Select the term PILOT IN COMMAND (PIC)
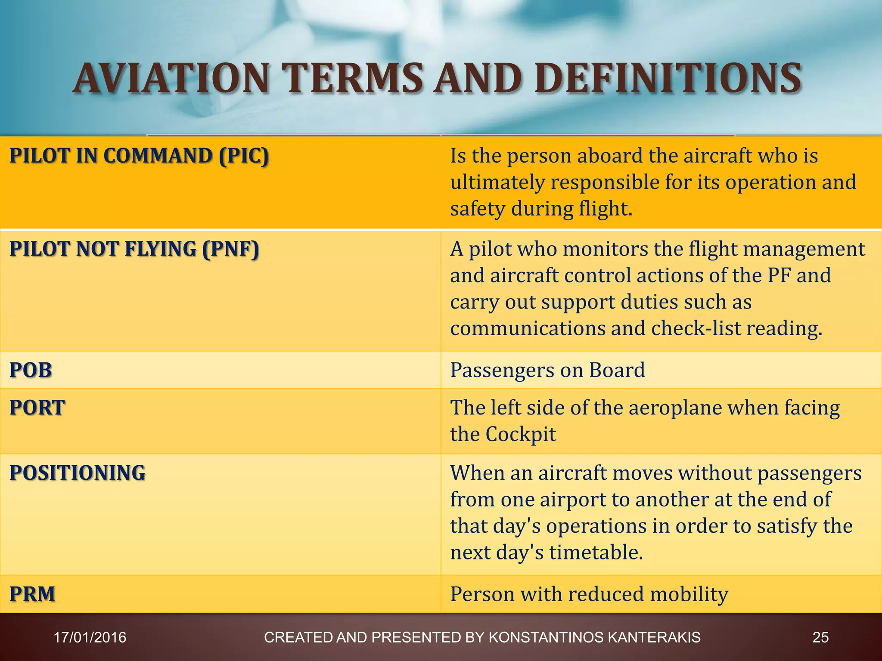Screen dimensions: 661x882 (x=139, y=156)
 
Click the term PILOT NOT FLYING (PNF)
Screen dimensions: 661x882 (x=134, y=249)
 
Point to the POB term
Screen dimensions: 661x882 (x=31, y=370)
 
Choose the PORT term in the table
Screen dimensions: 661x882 (x=37, y=408)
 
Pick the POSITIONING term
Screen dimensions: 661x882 (x=78, y=473)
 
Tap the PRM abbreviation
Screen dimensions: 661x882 (x=32, y=594)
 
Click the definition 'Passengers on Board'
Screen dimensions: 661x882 (x=547, y=370)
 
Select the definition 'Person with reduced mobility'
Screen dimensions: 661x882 (x=589, y=594)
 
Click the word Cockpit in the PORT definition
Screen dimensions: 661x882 (x=521, y=434)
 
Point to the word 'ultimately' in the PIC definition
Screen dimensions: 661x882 (x=497, y=182)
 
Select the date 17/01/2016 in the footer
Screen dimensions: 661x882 (x=90, y=637)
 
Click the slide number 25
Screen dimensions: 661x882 (x=820, y=637)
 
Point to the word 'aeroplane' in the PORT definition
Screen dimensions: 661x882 (x=675, y=408)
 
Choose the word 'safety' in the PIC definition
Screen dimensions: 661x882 (x=478, y=209)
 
